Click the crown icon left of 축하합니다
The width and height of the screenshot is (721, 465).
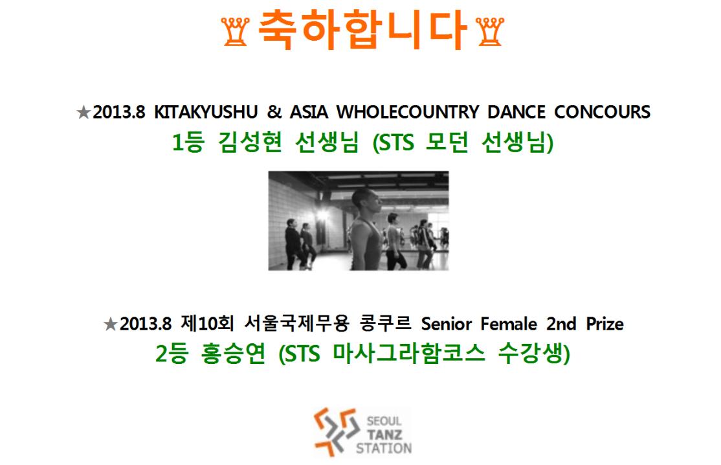[x=236, y=31]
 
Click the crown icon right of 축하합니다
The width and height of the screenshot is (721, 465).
[x=490, y=31]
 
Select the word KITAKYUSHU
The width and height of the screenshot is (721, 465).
[x=206, y=112]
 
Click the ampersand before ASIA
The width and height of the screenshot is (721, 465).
[x=274, y=112]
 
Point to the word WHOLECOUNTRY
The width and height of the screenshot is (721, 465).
[x=407, y=112]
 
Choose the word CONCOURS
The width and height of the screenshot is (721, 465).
[x=603, y=112]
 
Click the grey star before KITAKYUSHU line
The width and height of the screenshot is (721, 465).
[x=83, y=112]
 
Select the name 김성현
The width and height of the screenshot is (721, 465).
[x=250, y=142]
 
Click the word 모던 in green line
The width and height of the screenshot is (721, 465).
[x=447, y=142]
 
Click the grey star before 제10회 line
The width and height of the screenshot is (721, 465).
[x=111, y=324]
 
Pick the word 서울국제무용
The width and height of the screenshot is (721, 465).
[x=296, y=323]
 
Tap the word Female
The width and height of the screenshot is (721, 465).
[x=509, y=324]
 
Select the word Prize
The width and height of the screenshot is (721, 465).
[x=605, y=324]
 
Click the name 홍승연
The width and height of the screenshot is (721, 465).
[x=233, y=354]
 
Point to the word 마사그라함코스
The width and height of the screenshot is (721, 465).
[x=409, y=354]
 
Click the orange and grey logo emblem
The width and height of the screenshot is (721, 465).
[x=336, y=432]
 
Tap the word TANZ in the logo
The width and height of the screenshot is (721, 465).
[x=384, y=434]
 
